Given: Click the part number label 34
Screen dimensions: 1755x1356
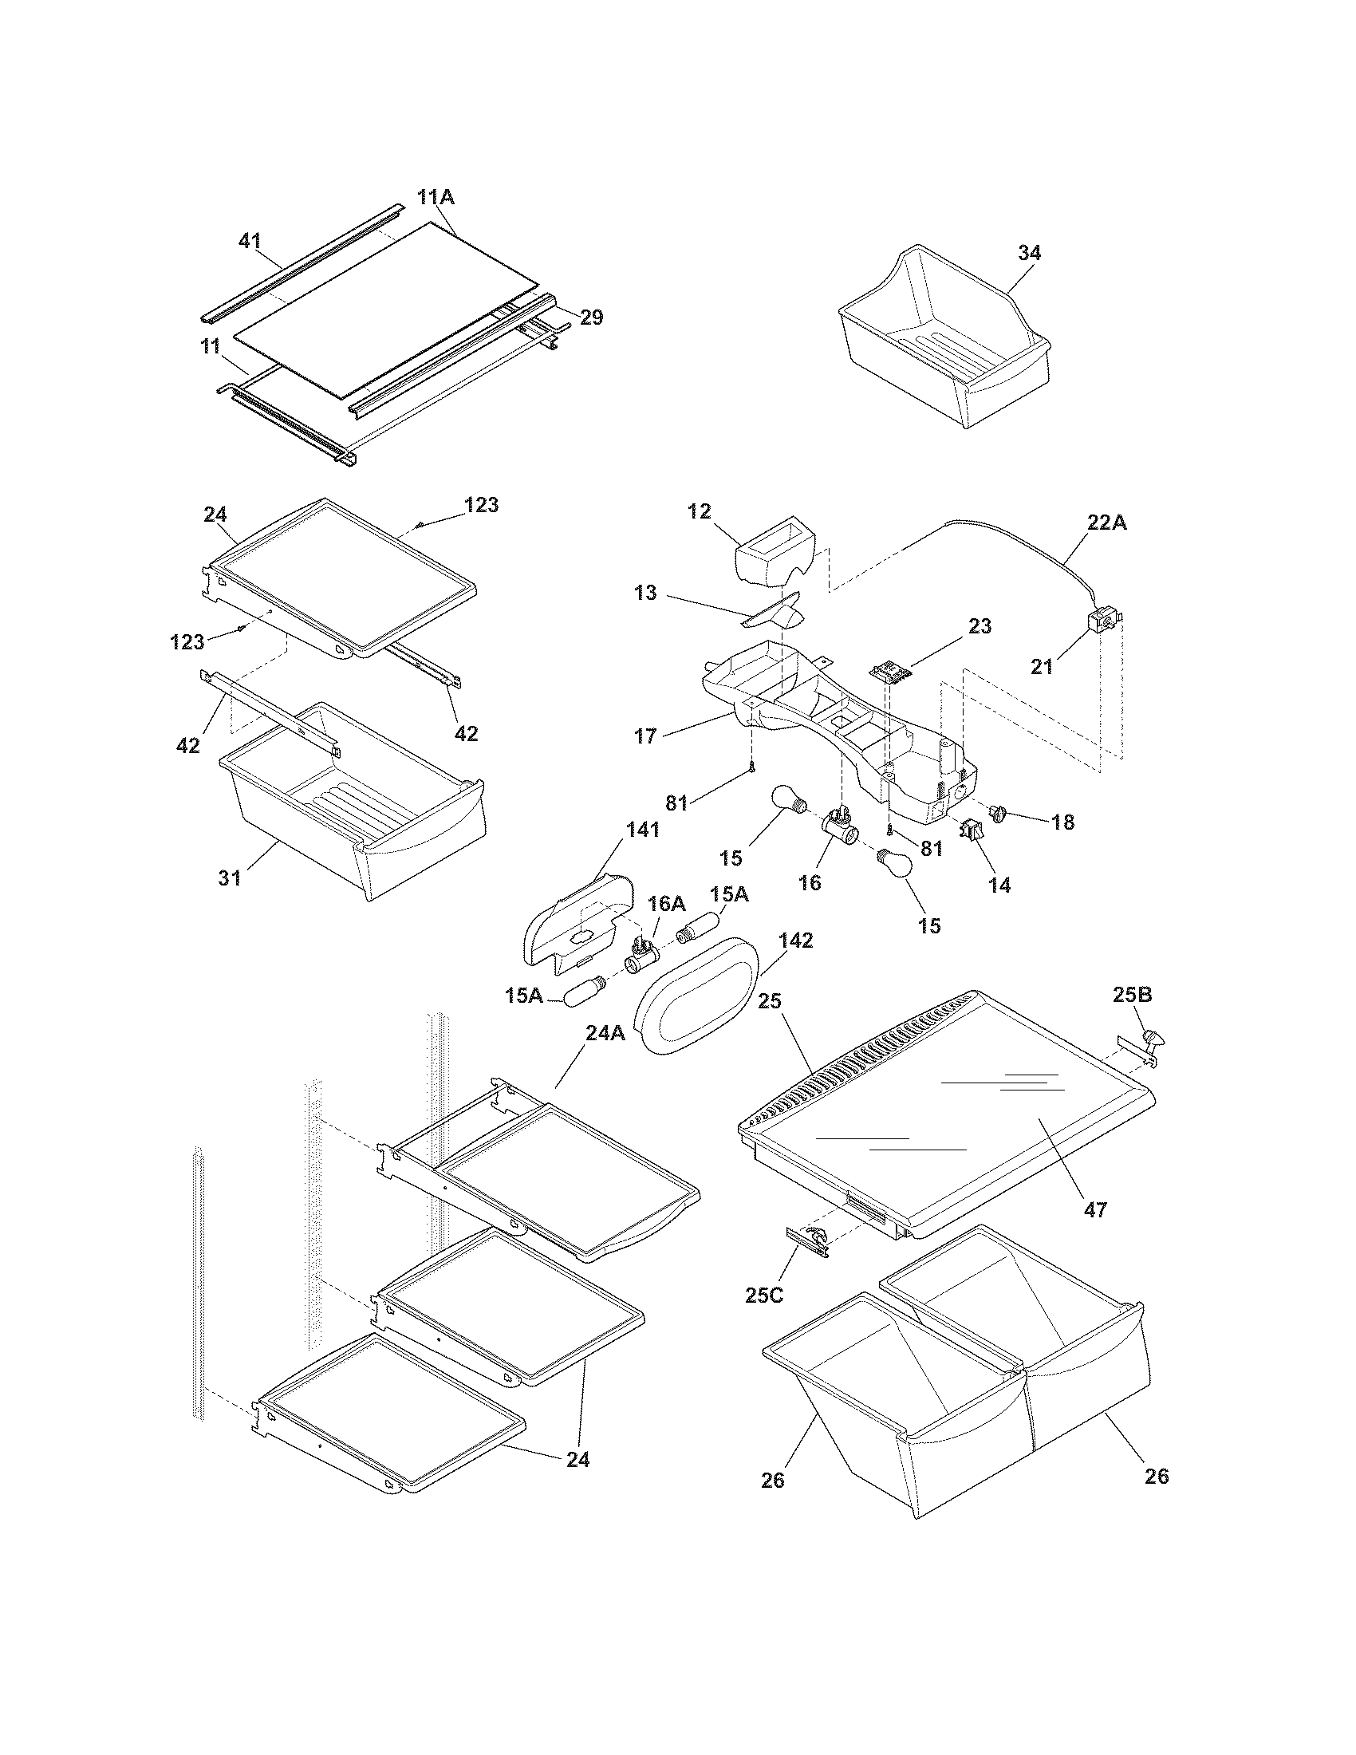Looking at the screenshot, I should tap(1029, 253).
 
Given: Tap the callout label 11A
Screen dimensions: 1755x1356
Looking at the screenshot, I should tap(436, 197).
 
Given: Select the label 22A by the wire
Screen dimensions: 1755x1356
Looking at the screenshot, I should tap(1106, 523).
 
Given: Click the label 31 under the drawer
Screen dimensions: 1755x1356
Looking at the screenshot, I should tap(230, 878).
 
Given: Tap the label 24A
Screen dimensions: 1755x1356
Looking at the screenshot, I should tap(604, 1033).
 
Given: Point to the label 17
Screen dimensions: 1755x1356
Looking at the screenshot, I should tap(645, 736).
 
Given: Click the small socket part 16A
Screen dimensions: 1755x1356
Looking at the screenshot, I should tap(642, 956).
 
